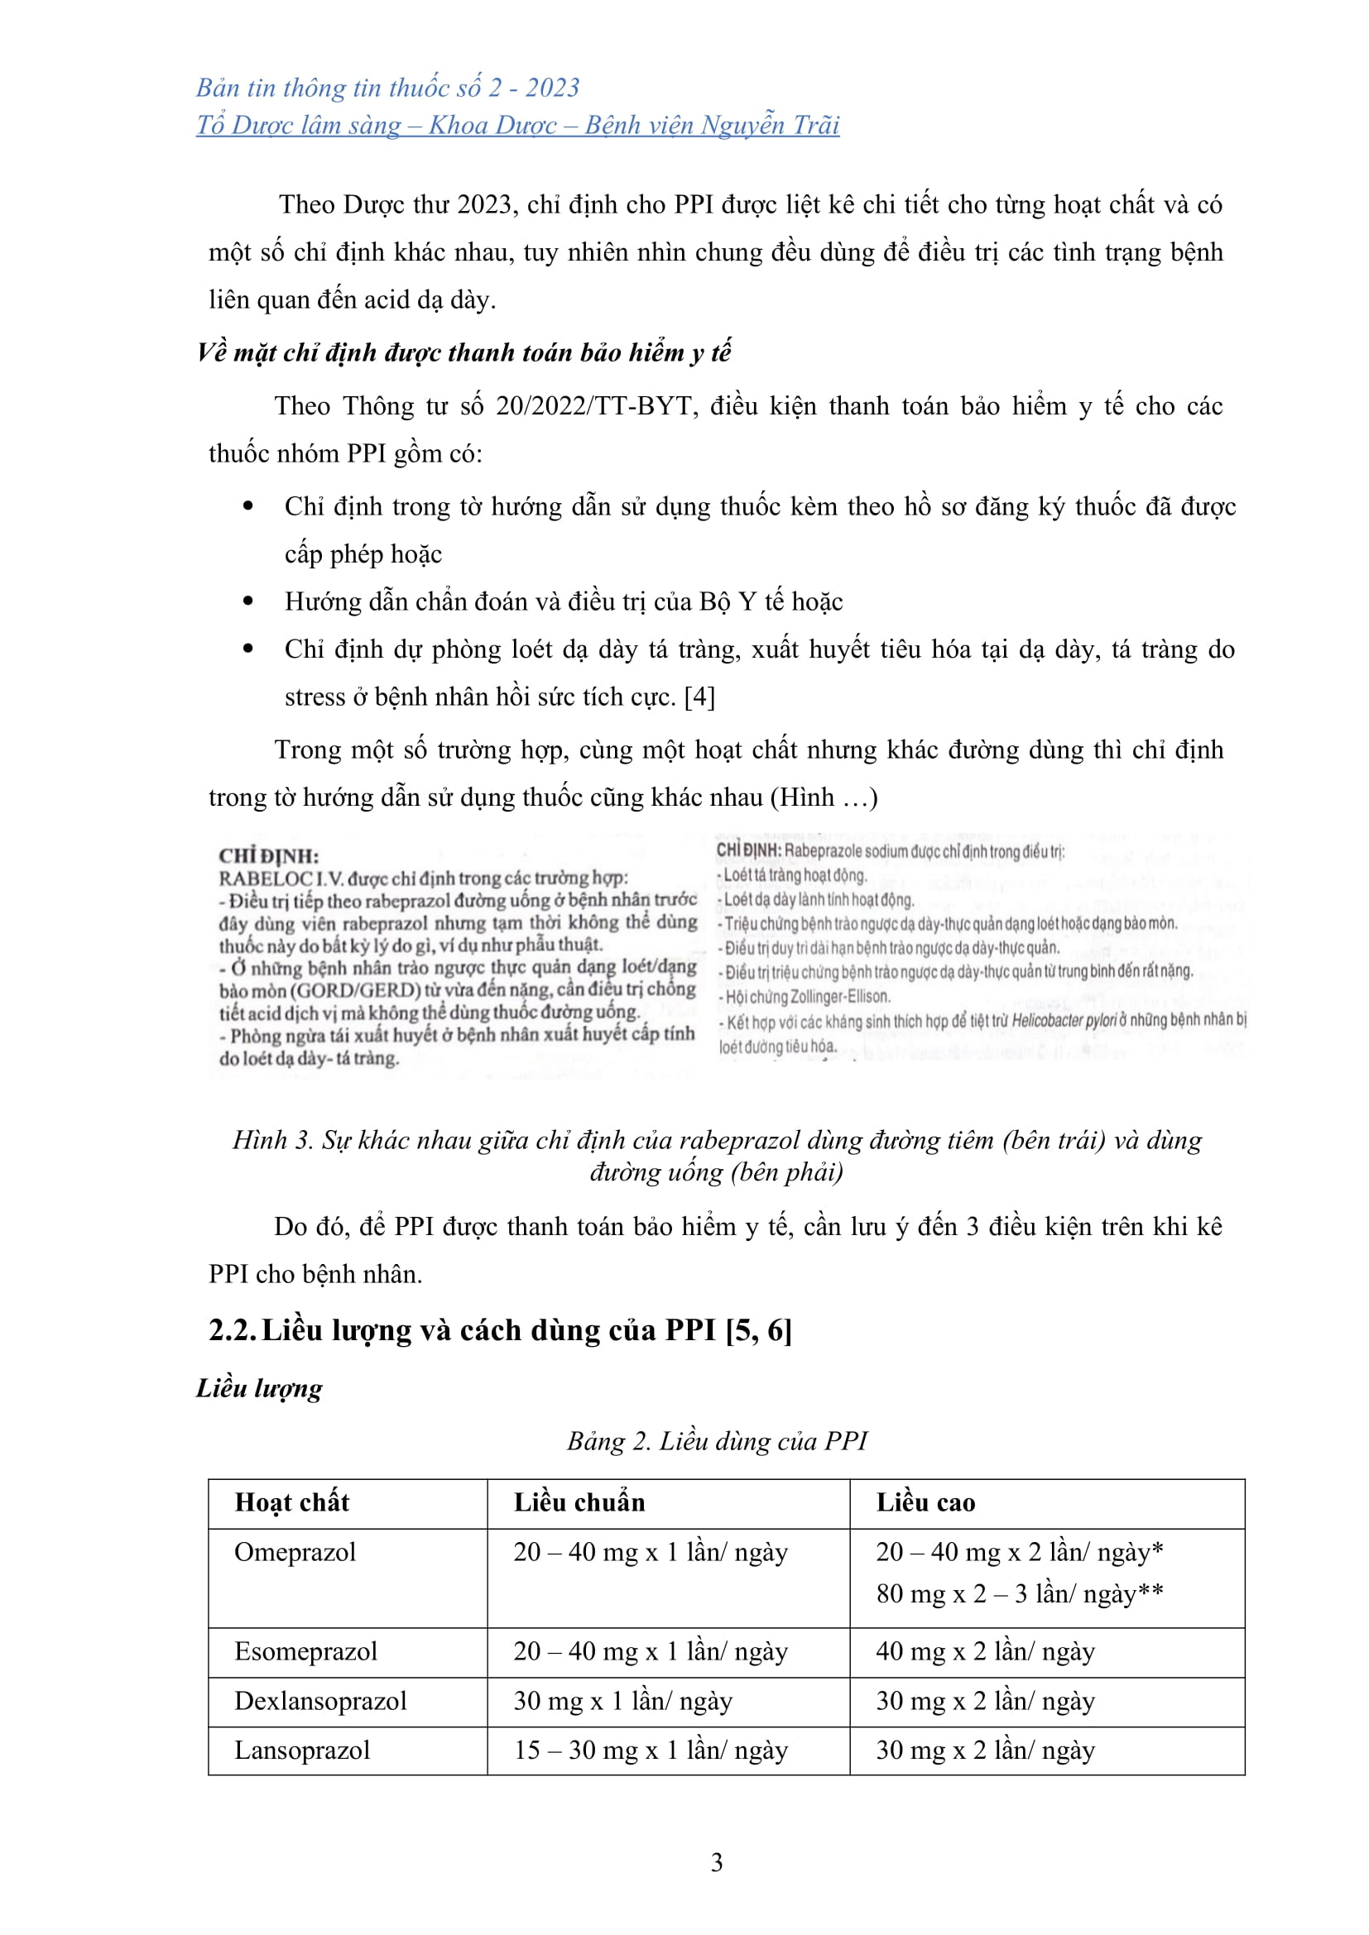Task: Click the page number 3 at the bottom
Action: point(717,1861)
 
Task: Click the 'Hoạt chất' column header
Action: point(291,1502)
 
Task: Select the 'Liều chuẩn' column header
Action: point(579,1502)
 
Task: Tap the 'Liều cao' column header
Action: point(925,1502)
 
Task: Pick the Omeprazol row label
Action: point(295,1551)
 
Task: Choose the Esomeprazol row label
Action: point(305,1650)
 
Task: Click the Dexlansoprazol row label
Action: point(320,1700)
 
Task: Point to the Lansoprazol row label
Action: point(302,1750)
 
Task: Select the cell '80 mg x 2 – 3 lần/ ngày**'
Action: point(1019,1593)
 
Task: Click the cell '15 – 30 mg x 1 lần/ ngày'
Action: point(651,1750)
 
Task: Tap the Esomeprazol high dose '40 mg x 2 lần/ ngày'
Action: point(985,1650)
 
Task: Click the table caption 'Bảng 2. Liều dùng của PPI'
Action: point(717,1440)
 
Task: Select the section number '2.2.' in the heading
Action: point(233,1330)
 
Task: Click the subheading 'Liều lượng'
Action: point(259,1387)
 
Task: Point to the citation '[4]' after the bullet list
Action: point(699,697)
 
